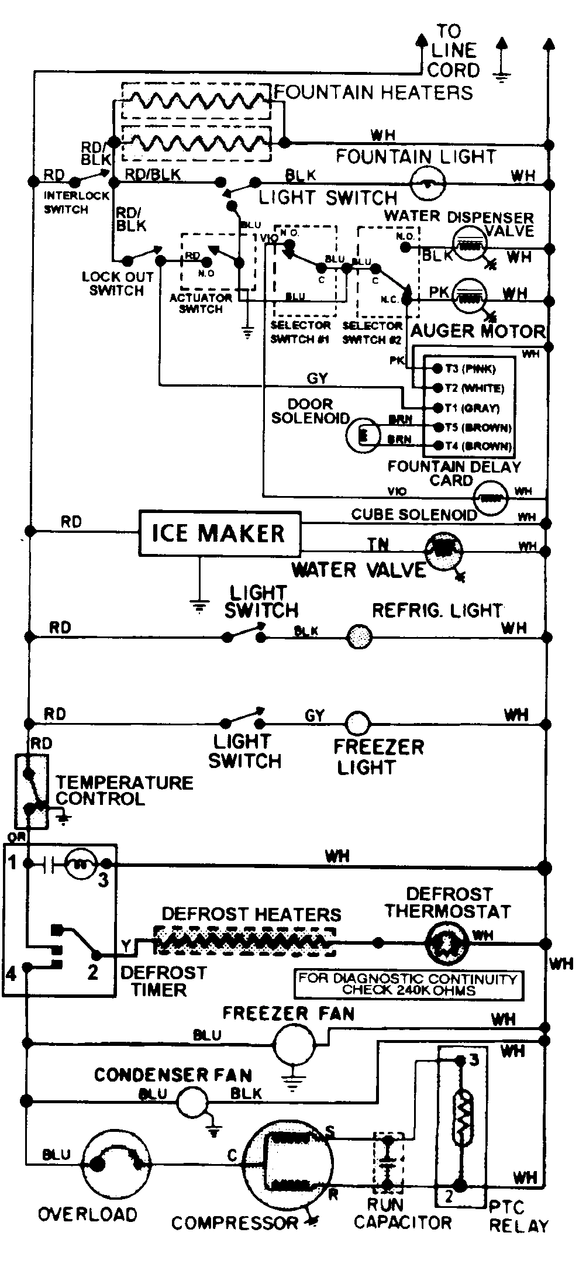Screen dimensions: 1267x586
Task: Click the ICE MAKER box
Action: point(219,533)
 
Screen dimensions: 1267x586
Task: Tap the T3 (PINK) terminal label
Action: point(470,369)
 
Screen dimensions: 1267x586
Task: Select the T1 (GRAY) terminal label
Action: point(472,408)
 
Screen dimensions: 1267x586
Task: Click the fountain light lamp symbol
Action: point(429,184)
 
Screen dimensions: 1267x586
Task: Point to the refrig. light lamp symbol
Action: point(360,636)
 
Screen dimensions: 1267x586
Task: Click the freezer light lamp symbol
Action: point(357,724)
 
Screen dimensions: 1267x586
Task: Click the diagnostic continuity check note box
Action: point(408,984)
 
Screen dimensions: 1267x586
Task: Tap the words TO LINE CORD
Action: point(453,51)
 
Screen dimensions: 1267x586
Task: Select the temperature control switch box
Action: point(31,791)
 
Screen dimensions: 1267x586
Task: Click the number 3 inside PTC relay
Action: point(474,1059)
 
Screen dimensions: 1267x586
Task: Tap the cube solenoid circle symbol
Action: point(490,498)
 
